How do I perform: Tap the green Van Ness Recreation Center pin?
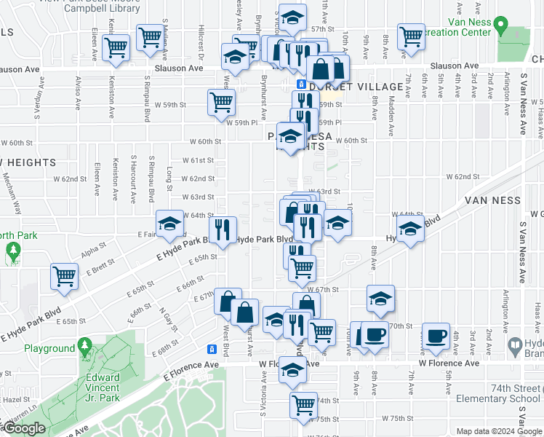(x=500, y=27)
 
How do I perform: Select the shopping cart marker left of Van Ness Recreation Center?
(x=411, y=35)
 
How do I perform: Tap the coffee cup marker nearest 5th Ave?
(x=436, y=335)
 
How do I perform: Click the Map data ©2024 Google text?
(x=498, y=431)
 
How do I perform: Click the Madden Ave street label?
(x=391, y=110)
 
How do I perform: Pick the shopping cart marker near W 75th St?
(x=303, y=404)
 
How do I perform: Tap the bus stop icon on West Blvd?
(x=212, y=349)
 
